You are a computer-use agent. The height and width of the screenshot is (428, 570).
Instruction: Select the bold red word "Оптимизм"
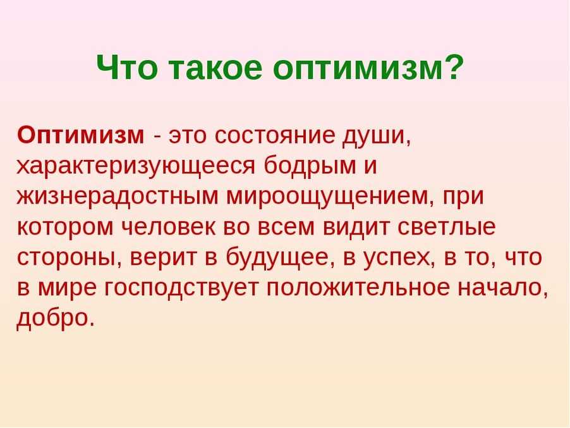point(80,135)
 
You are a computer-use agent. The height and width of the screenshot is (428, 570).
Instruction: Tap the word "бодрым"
point(310,166)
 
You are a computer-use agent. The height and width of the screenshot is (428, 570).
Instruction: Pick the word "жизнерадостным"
point(118,197)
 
